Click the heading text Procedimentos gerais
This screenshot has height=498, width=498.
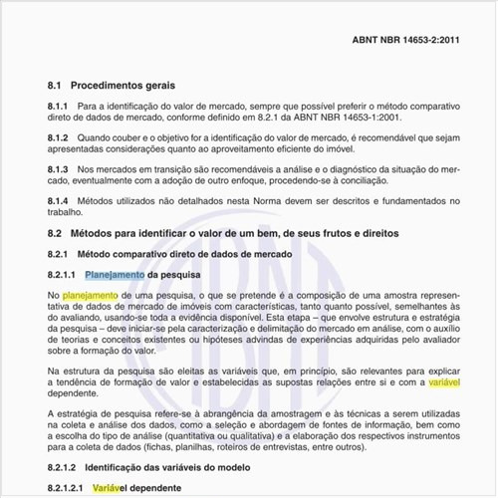coord(124,86)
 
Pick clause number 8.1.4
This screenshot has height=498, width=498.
coord(58,200)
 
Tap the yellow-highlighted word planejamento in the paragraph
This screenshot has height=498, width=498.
coord(91,296)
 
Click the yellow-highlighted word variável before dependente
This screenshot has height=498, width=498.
coord(444,381)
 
